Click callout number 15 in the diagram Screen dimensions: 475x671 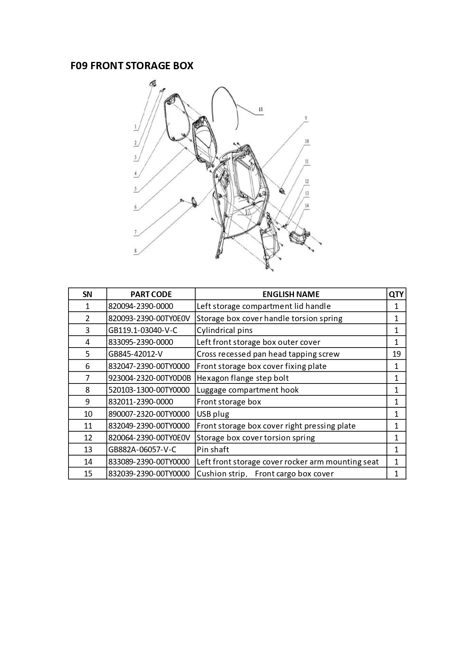(261, 109)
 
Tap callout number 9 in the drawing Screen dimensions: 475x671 (306, 118)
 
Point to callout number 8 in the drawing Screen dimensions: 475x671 (135, 251)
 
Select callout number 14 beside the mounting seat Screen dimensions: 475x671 (307, 206)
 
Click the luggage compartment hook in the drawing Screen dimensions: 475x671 (194, 202)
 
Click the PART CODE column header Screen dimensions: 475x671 (151, 294)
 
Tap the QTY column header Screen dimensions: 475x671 (396, 294)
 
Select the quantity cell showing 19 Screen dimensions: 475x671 (396, 354)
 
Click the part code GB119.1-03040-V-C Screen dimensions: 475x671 (143, 330)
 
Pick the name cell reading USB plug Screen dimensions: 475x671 (213, 414)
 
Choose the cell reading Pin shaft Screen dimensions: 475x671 (213, 450)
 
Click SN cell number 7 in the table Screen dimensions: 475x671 (88, 378)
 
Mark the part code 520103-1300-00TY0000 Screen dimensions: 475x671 (149, 390)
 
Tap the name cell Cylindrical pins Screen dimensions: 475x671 (225, 330)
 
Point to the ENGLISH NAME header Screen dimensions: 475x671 (291, 294)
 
